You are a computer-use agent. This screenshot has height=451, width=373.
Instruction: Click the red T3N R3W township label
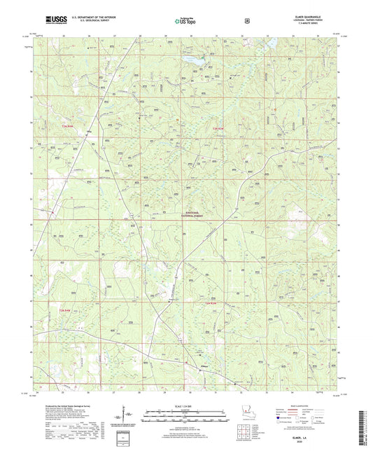[x=220, y=127]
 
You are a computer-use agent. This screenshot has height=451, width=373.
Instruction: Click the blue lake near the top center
[x=197, y=62]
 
